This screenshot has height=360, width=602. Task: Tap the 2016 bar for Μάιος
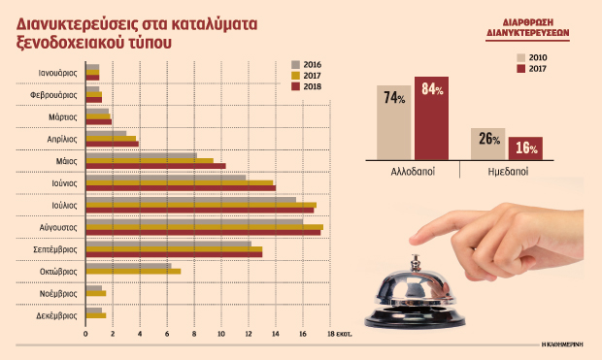(x=141, y=155)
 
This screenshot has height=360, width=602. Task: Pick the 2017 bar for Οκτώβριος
(x=133, y=271)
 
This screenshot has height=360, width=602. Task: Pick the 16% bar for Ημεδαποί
(x=526, y=147)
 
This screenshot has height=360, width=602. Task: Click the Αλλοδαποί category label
(x=413, y=170)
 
